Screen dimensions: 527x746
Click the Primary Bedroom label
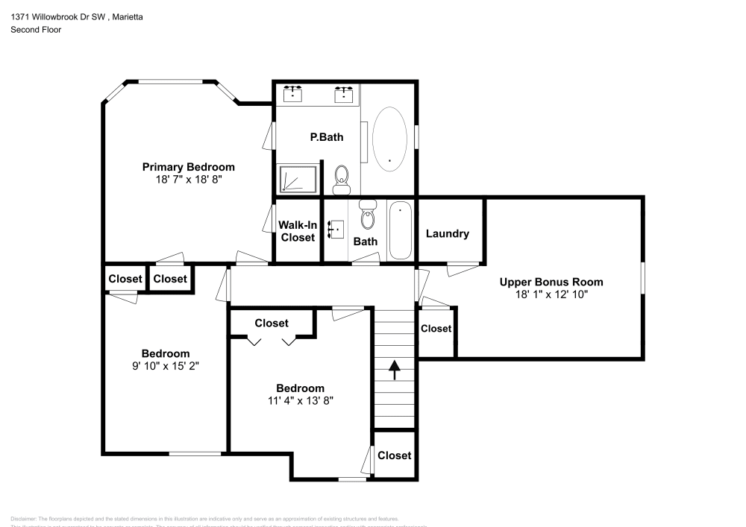188,167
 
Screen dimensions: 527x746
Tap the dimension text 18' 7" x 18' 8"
188,180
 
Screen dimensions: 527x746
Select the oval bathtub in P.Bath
389,137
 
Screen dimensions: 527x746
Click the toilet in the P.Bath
342,177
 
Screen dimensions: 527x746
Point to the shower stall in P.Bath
298,179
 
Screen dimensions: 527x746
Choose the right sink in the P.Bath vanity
344,94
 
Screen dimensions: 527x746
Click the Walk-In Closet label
297,231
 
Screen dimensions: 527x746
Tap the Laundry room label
448,233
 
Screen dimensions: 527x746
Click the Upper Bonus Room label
551,282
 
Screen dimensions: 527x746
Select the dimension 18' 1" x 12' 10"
551,294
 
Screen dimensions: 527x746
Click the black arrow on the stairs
393,367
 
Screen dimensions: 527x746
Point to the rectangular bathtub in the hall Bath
400,230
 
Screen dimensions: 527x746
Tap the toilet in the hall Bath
367,216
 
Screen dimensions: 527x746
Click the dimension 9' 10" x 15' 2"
166,366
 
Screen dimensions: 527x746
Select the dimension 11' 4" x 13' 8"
300,400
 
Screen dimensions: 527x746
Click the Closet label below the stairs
394,455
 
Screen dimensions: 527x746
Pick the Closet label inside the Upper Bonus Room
436,328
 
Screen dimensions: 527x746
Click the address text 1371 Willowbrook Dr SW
57,16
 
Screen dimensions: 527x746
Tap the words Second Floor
36,30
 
